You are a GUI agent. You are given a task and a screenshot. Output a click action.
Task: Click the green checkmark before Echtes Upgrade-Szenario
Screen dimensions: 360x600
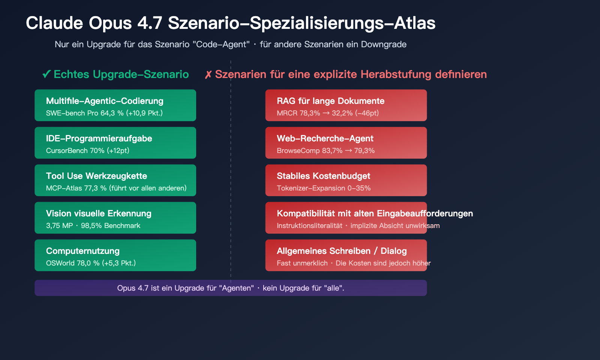[x=46, y=74]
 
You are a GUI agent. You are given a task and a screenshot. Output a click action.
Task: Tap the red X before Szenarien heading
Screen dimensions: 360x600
[x=208, y=75]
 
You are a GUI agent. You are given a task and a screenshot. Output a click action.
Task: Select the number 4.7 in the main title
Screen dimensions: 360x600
[x=150, y=23]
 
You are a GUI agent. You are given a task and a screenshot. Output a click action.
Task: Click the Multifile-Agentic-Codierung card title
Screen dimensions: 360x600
[x=105, y=101]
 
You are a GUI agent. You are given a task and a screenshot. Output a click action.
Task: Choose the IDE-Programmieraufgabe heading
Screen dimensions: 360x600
[x=99, y=138]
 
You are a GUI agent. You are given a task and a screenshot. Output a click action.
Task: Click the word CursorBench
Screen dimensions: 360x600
[x=67, y=151]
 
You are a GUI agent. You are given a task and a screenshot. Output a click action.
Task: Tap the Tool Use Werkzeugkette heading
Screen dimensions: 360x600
[x=96, y=176]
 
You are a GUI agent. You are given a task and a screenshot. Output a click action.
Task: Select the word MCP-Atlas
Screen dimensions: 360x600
[x=64, y=188]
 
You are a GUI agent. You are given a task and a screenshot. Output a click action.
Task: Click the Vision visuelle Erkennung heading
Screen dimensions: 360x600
[x=99, y=213]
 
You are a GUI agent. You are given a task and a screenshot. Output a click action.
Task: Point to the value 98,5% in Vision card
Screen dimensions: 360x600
[x=91, y=226]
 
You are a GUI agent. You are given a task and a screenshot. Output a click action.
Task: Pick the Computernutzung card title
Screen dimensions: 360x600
[x=83, y=251]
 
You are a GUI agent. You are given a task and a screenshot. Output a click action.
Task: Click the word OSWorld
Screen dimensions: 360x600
[x=60, y=263]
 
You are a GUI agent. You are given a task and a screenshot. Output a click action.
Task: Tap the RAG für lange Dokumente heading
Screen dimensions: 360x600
[x=330, y=101]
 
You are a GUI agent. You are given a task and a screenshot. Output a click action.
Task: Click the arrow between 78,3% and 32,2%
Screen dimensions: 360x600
[x=326, y=113]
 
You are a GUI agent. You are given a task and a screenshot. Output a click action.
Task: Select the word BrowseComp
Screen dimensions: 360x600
[x=298, y=151]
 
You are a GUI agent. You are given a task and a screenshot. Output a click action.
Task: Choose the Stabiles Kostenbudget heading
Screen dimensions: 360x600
[x=323, y=176]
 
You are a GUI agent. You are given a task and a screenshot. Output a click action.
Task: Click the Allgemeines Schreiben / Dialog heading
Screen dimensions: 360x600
[x=342, y=251]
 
